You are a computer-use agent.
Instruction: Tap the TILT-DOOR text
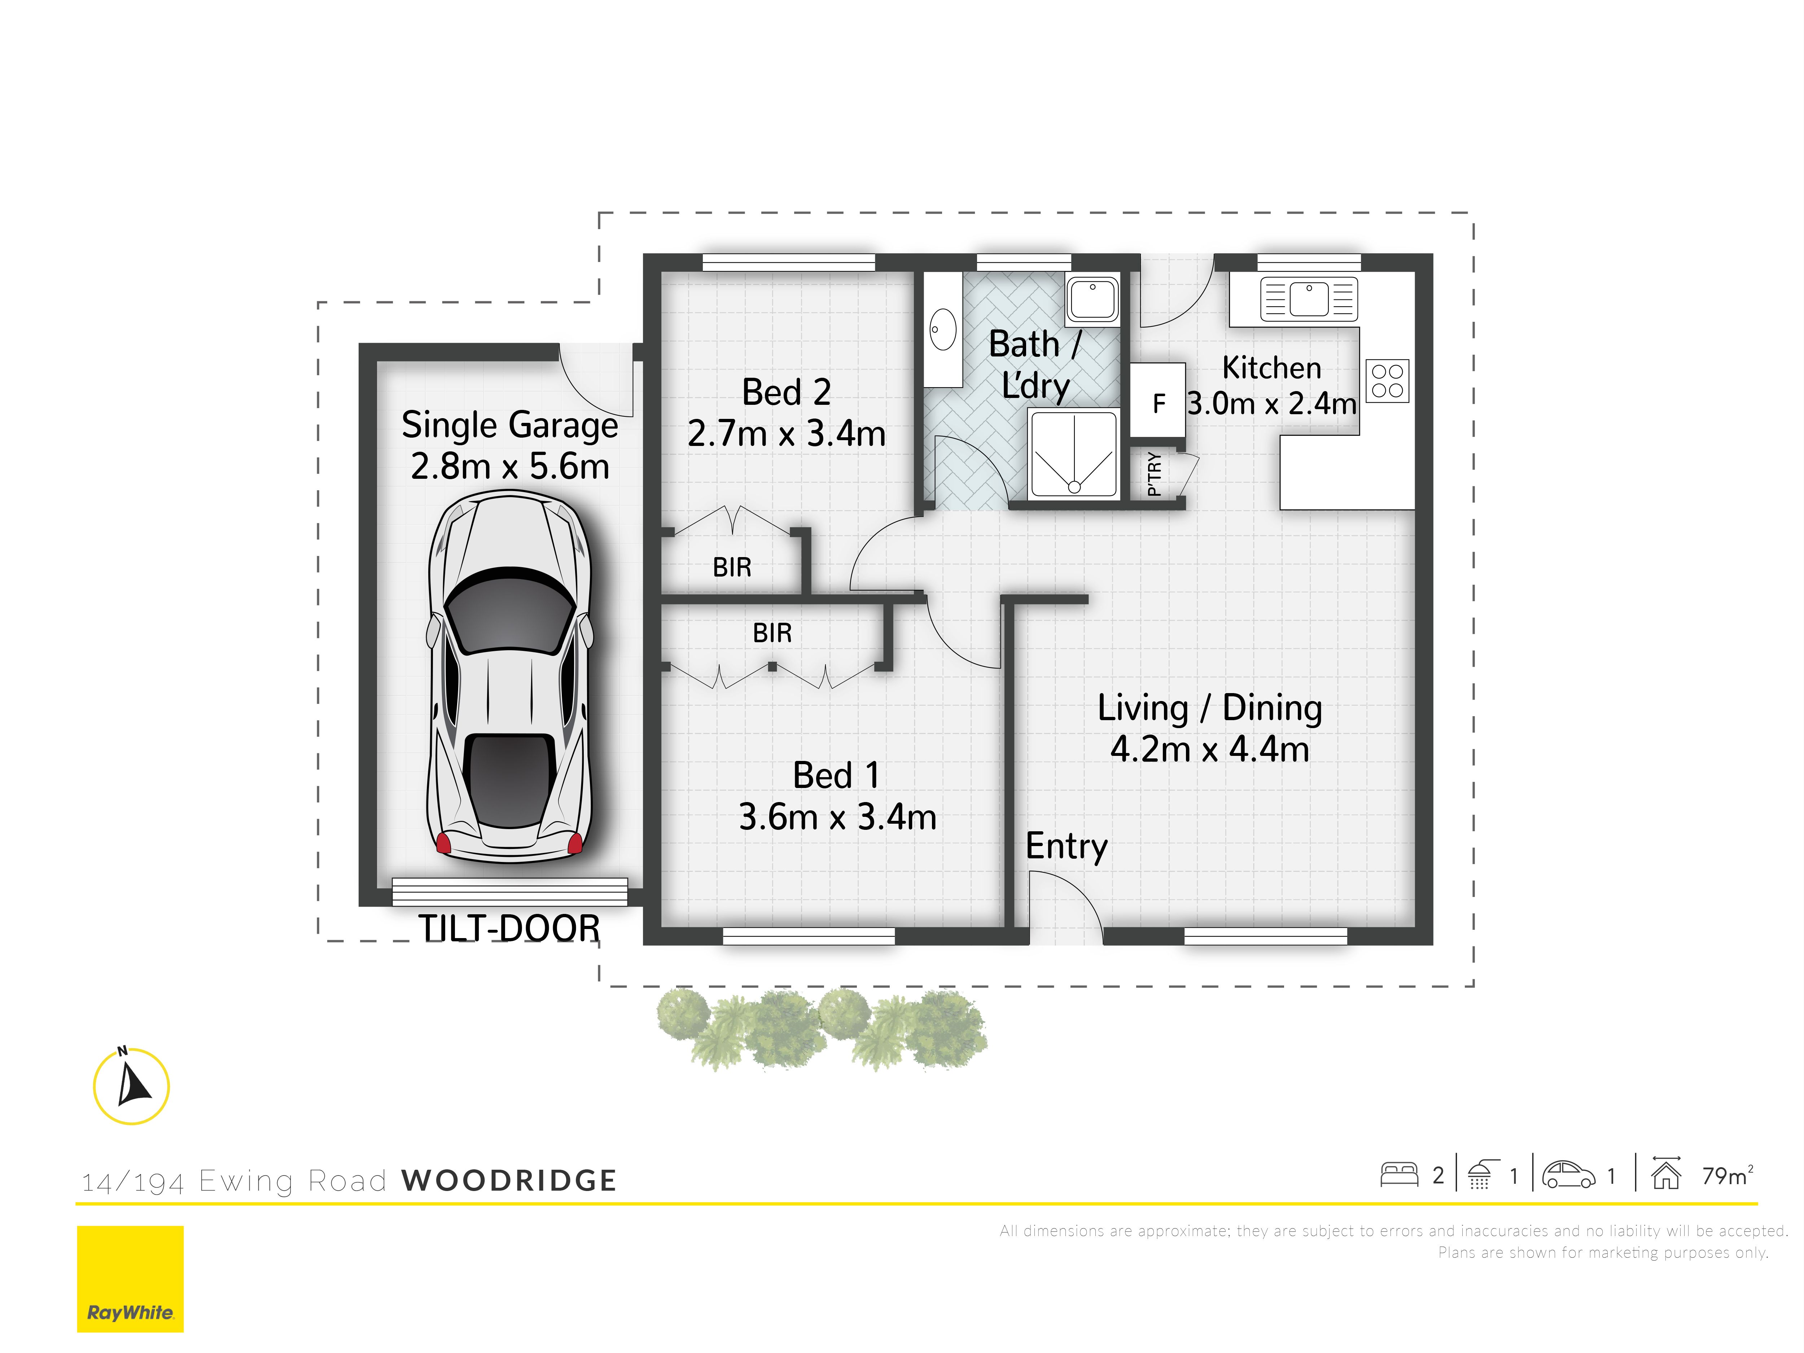pyautogui.click(x=509, y=928)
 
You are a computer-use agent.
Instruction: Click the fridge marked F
pyautogui.click(x=1157, y=400)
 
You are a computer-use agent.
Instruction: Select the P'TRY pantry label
pyautogui.click(x=1153, y=474)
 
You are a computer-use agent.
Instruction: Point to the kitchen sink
pyautogui.click(x=1308, y=298)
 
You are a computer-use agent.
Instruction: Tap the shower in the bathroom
pyautogui.click(x=1073, y=454)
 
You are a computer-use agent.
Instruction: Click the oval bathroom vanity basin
pyautogui.click(x=943, y=329)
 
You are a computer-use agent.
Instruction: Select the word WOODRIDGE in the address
pyautogui.click(x=509, y=1180)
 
